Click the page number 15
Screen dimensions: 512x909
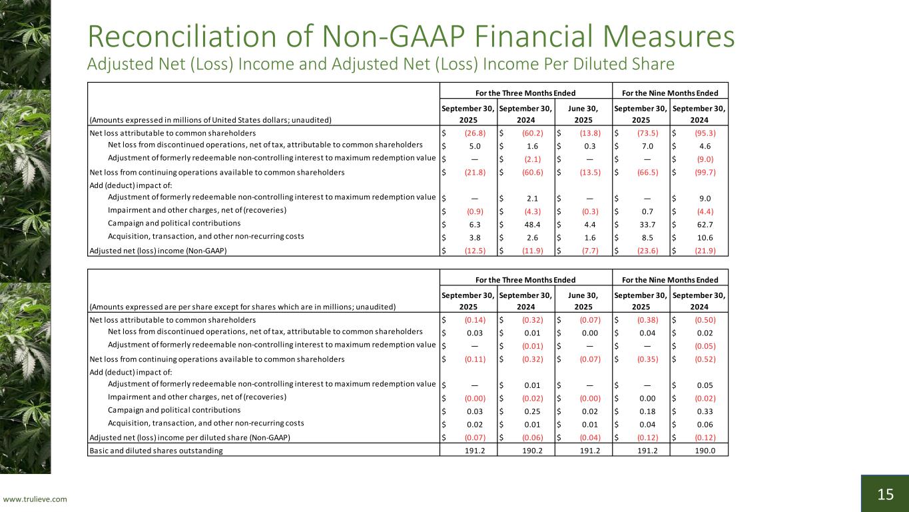885,494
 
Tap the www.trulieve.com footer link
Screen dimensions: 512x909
35,499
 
